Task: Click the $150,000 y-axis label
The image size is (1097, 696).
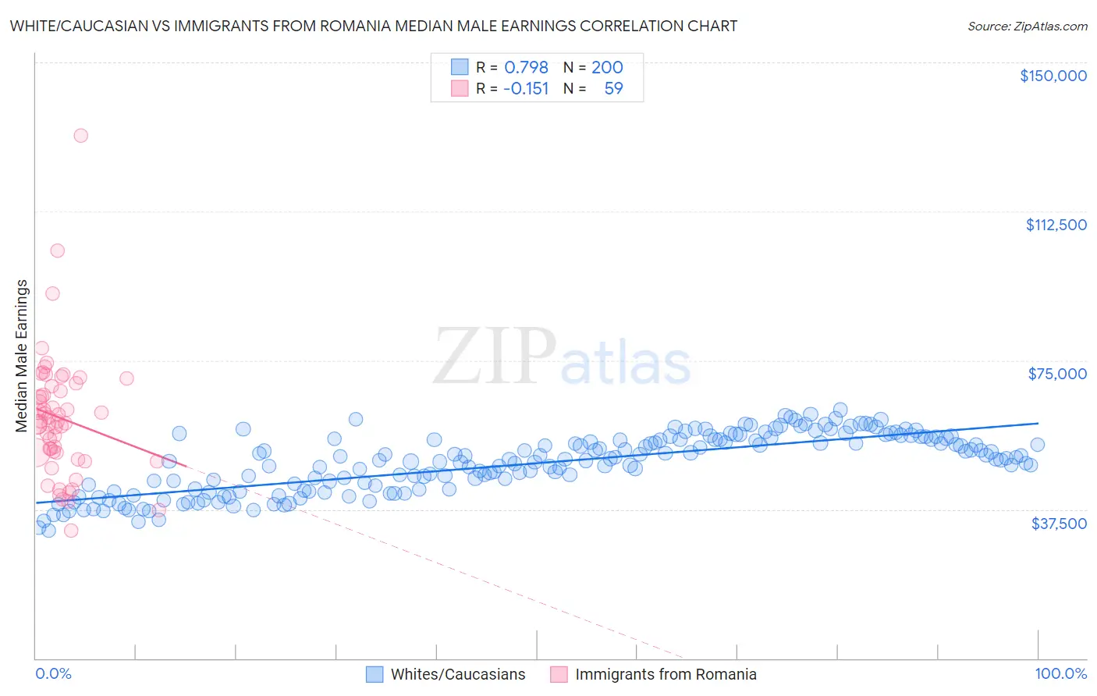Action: (1053, 76)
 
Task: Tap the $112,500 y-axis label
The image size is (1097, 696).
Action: (1056, 225)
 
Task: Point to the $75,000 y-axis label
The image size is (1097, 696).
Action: (1057, 374)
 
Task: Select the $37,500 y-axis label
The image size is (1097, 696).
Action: (1059, 524)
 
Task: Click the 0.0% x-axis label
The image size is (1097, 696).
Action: (53, 673)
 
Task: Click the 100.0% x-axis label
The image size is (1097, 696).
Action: (1060, 673)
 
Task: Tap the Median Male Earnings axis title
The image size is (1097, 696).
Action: (22, 355)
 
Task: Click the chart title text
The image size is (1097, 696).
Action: (374, 26)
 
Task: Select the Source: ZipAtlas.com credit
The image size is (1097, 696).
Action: (1027, 26)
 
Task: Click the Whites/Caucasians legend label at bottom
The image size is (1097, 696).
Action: (457, 674)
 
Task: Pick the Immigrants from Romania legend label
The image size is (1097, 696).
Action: (666, 674)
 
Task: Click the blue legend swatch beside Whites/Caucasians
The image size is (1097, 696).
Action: (375, 674)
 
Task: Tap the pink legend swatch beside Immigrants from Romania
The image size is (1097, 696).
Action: (559, 674)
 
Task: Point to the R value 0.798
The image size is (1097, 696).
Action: (526, 67)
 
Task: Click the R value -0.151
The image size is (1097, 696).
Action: (526, 88)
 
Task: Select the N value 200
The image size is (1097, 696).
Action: (606, 67)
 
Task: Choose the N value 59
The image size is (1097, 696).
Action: (613, 88)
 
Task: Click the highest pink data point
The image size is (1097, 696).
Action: (80, 135)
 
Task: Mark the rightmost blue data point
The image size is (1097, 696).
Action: (1037, 445)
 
